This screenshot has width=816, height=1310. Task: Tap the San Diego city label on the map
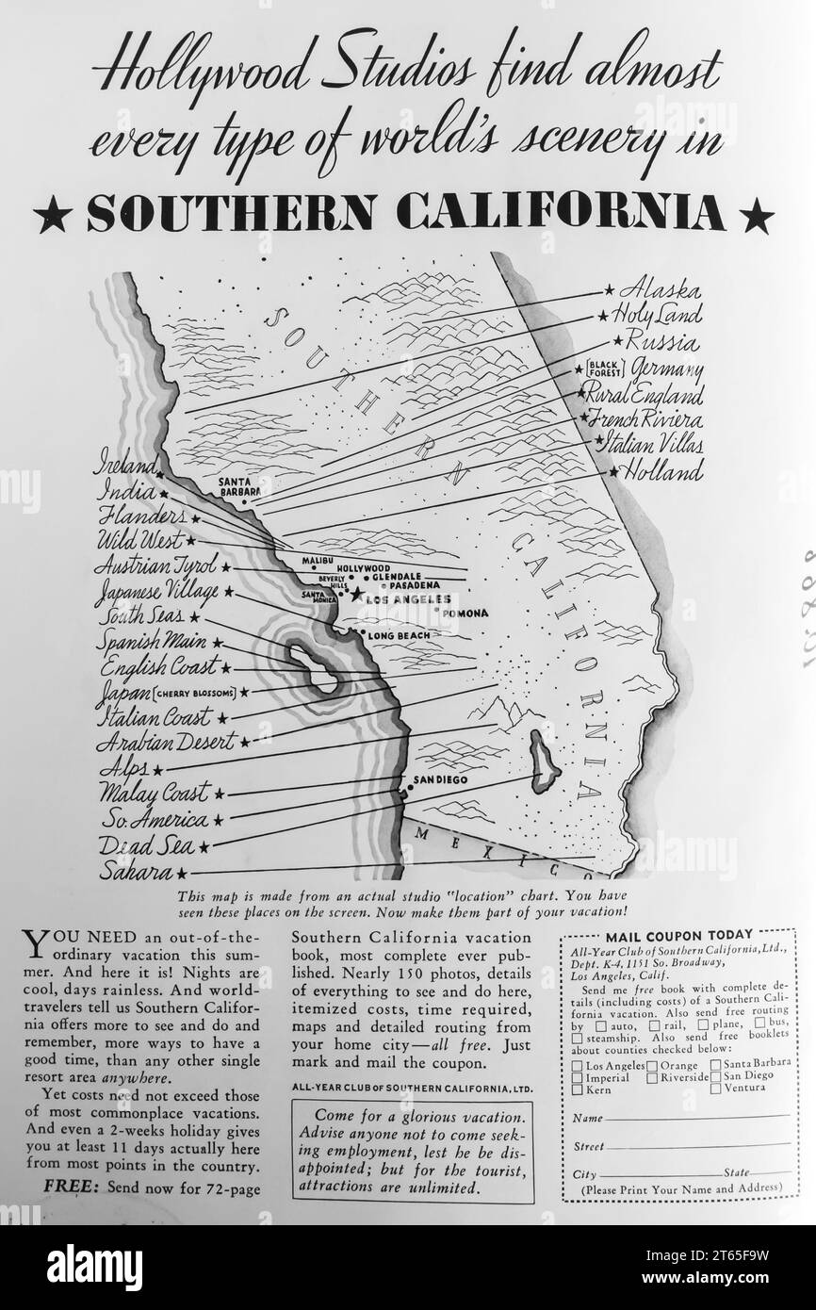[x=441, y=780]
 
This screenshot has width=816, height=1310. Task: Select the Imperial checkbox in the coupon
[x=578, y=1077]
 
